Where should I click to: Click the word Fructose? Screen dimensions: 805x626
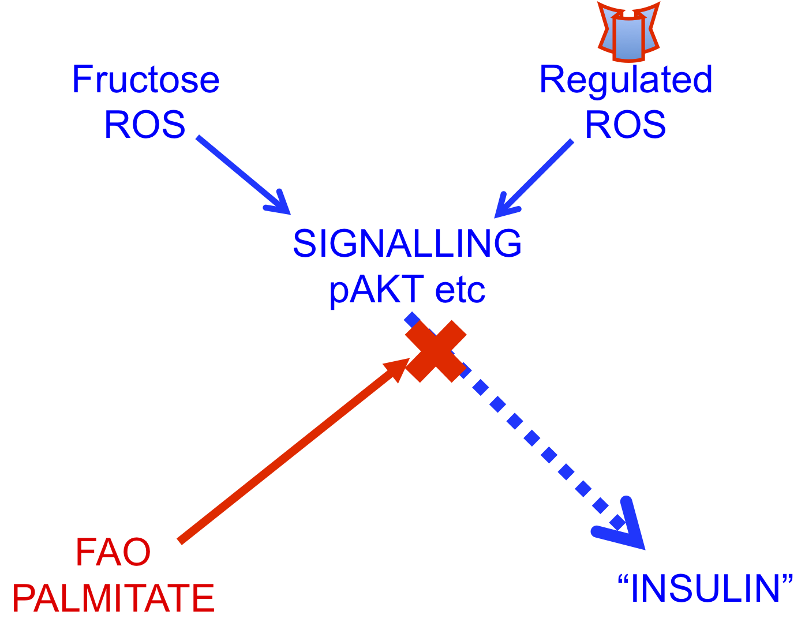point(145,79)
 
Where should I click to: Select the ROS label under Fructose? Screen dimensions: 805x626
point(144,125)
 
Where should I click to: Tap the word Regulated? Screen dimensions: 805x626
point(626,81)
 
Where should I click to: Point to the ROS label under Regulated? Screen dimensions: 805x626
point(625,125)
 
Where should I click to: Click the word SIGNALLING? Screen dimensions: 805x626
point(407,243)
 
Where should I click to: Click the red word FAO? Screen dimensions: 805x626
point(113,552)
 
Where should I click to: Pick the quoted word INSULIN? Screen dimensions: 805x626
point(705,588)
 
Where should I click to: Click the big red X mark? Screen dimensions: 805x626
point(436,351)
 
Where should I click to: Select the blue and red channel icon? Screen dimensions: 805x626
point(628,31)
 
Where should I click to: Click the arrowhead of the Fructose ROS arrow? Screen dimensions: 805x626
point(280,204)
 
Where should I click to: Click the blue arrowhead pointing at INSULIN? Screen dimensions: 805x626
point(621,525)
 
